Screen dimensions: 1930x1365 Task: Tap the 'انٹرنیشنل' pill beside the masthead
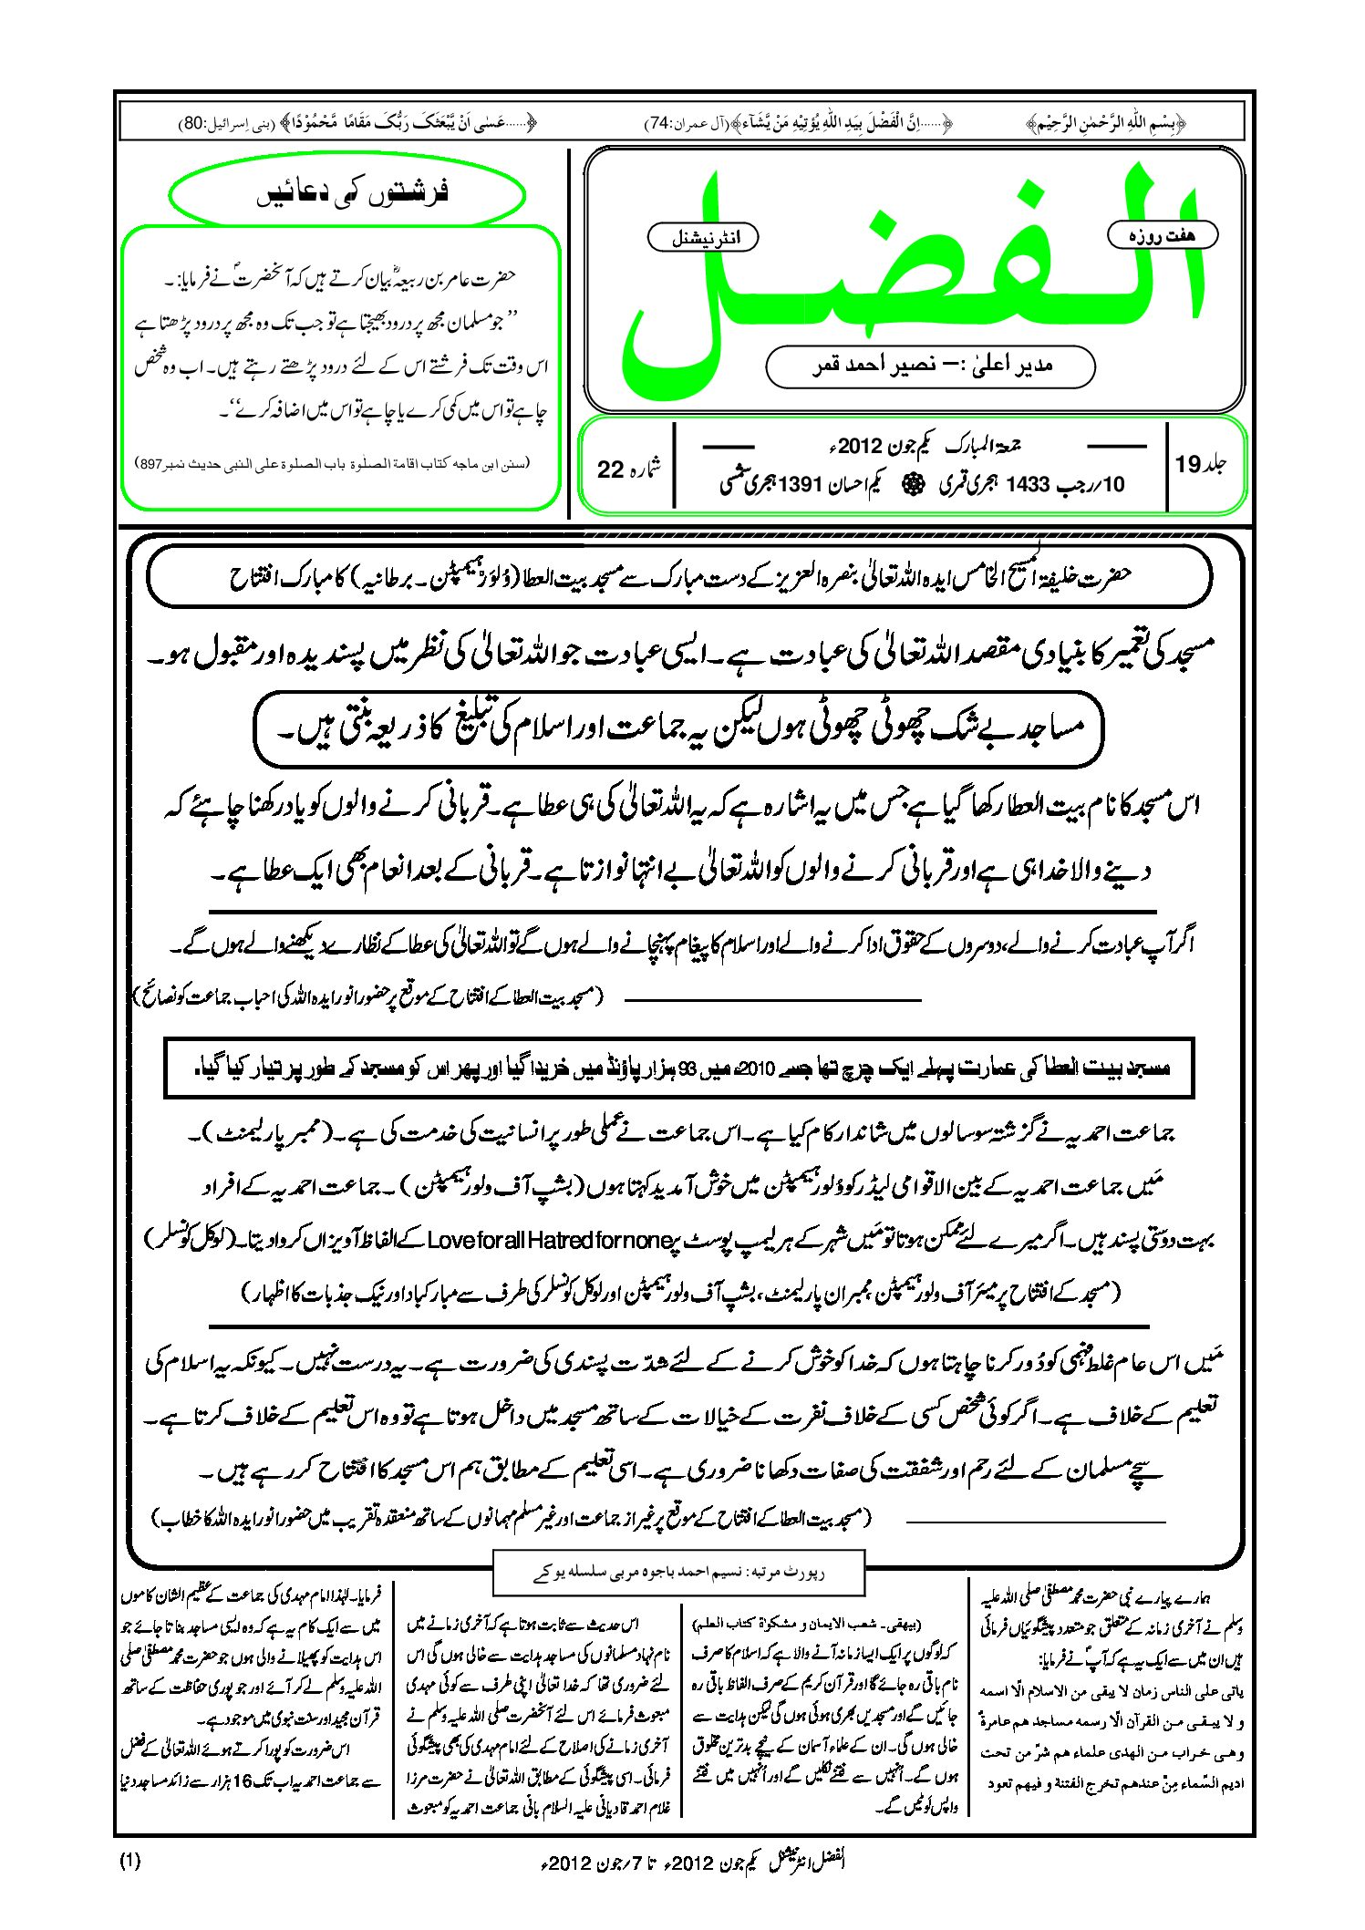(702, 238)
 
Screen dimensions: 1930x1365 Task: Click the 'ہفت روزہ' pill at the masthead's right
(1163, 235)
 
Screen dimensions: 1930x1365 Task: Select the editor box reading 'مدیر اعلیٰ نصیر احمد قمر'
(930, 366)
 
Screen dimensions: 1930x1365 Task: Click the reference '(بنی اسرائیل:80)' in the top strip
(209, 122)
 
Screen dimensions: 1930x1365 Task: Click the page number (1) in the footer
(129, 1863)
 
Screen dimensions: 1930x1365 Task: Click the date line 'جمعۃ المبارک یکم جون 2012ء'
(921, 446)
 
